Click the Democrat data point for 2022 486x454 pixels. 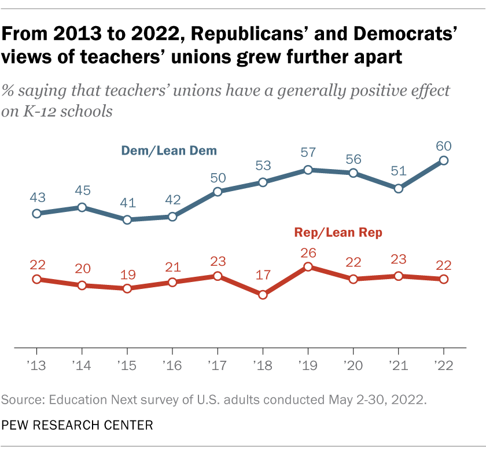point(444,160)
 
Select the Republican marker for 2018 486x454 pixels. point(263,295)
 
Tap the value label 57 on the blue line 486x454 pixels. point(308,154)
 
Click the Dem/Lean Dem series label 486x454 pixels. point(169,151)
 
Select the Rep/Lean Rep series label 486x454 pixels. point(338,233)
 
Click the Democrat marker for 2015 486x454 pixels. point(127,219)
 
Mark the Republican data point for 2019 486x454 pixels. point(308,267)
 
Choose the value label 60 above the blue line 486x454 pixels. point(444,145)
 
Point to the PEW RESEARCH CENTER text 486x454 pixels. point(77,426)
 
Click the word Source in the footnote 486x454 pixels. point(21,399)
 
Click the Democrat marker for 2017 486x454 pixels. point(218,192)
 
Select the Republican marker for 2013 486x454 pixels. point(36,279)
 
